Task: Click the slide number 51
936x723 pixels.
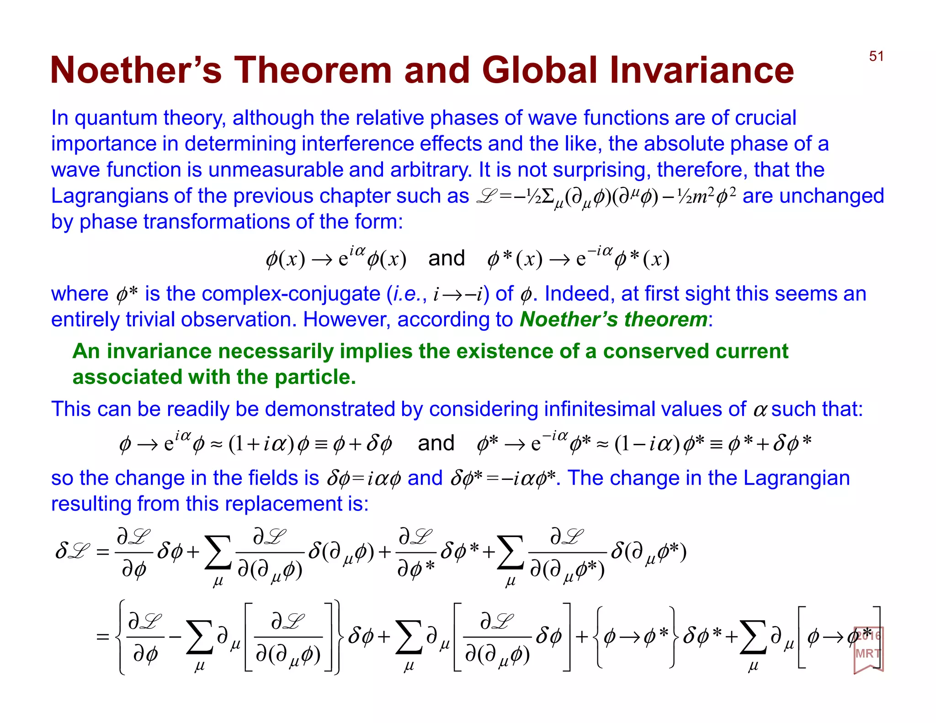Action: [876, 56]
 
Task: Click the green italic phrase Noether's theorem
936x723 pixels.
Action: [613, 319]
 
